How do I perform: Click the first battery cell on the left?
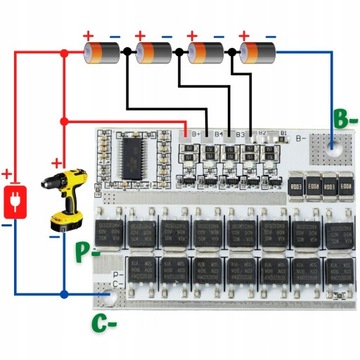click(x=103, y=52)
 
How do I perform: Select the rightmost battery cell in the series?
click(x=255, y=52)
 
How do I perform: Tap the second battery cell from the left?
click(x=155, y=52)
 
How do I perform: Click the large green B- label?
click(x=342, y=120)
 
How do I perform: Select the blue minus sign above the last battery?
click(x=272, y=35)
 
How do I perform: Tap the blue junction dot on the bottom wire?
click(x=64, y=296)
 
